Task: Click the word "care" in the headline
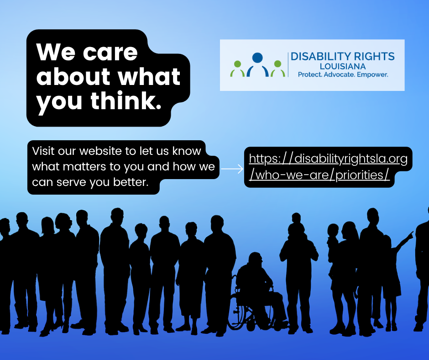pos(110,53)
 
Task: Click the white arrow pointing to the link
pos(232,169)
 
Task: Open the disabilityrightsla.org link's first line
pos(328,159)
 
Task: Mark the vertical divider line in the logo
pos(288,64)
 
